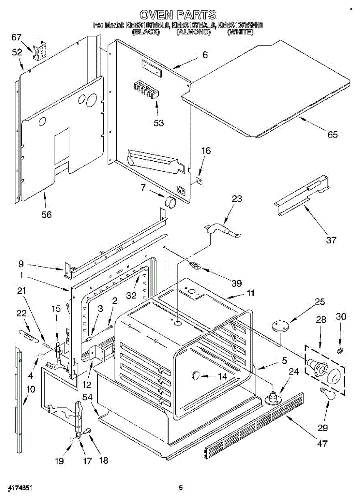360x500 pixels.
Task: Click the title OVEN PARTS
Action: click(x=177, y=15)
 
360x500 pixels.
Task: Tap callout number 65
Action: click(x=332, y=135)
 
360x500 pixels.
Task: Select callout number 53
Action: click(x=158, y=123)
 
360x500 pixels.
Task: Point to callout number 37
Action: click(x=331, y=240)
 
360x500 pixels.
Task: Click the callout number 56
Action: click(x=46, y=214)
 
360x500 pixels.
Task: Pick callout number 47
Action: click(x=322, y=443)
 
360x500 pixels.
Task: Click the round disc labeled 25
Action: click(x=278, y=325)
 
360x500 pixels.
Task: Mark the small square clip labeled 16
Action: click(x=199, y=181)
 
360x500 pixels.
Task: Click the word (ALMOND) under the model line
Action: click(x=192, y=32)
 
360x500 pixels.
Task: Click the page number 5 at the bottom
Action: click(x=180, y=487)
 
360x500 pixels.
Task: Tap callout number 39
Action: click(x=236, y=283)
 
